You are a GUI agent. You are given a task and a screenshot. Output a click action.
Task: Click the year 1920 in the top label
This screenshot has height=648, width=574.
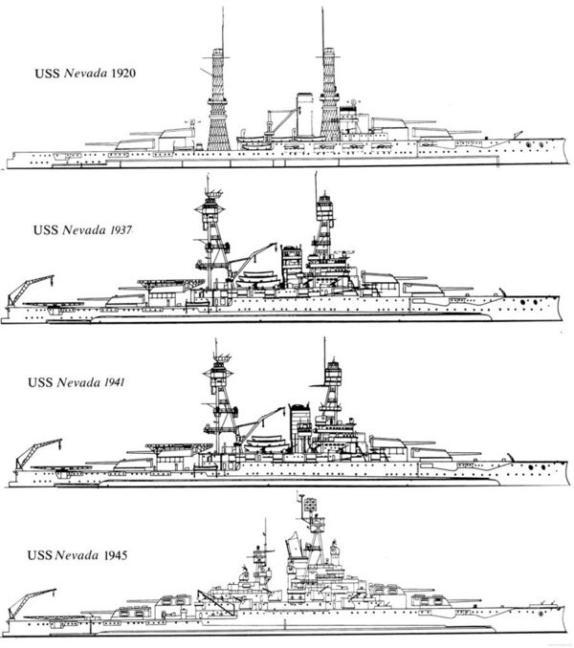(x=123, y=74)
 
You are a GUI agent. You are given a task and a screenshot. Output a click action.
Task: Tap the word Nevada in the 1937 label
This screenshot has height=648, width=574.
(x=84, y=229)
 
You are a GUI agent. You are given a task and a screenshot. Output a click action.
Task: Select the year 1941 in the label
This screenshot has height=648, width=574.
(x=113, y=382)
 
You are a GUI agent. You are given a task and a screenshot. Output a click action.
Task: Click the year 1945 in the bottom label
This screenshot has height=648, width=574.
(x=115, y=554)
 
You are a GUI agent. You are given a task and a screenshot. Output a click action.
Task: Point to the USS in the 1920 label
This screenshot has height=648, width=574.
(x=47, y=74)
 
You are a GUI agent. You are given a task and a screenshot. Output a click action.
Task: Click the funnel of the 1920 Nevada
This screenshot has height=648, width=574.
(x=305, y=115)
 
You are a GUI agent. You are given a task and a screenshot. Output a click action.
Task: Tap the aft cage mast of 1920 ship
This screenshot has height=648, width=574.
(x=218, y=99)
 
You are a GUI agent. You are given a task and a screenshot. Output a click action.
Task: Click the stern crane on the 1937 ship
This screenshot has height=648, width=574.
(x=30, y=290)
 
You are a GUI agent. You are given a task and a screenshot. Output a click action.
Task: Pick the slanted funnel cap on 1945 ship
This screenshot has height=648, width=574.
(x=294, y=544)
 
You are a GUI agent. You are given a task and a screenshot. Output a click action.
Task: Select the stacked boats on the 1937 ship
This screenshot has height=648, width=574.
(x=258, y=279)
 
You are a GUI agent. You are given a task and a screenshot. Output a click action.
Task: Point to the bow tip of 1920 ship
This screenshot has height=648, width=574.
(x=565, y=140)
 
